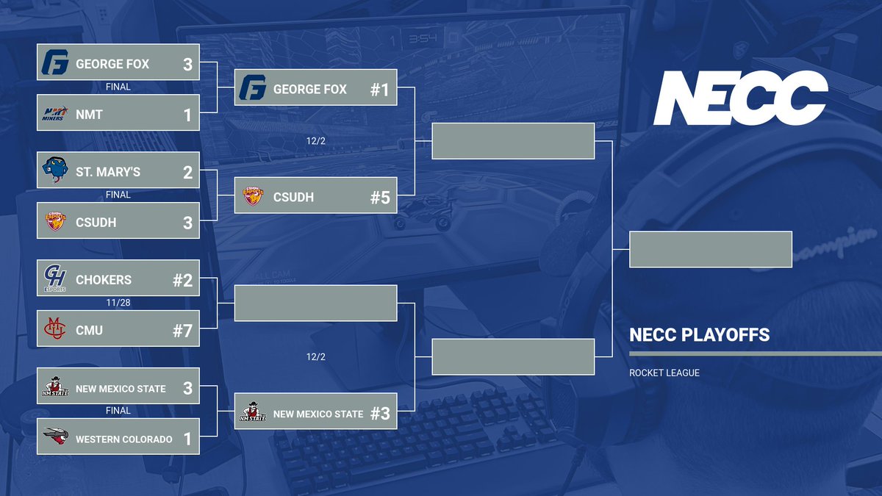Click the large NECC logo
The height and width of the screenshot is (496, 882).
[740, 98]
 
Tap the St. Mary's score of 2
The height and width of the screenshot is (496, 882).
[187, 172]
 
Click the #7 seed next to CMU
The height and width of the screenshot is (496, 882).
[182, 331]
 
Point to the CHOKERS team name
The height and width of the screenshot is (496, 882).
[104, 280]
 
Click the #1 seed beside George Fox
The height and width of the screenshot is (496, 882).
[379, 90]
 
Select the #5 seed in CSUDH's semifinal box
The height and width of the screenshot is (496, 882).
[379, 198]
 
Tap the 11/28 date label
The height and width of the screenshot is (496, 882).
[118, 302]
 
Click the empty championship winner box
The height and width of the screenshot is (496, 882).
[711, 249]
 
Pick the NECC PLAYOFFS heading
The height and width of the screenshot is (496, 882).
[699, 335]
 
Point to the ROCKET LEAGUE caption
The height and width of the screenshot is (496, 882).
[664, 373]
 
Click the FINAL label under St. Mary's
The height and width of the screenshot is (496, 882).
[118, 195]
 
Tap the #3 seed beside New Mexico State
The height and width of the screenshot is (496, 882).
[379, 414]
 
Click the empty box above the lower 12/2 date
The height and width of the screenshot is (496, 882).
[315, 303]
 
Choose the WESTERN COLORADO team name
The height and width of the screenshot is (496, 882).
[123, 439]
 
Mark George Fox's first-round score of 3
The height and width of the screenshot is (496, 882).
[187, 64]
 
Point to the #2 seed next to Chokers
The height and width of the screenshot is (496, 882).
[182, 280]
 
